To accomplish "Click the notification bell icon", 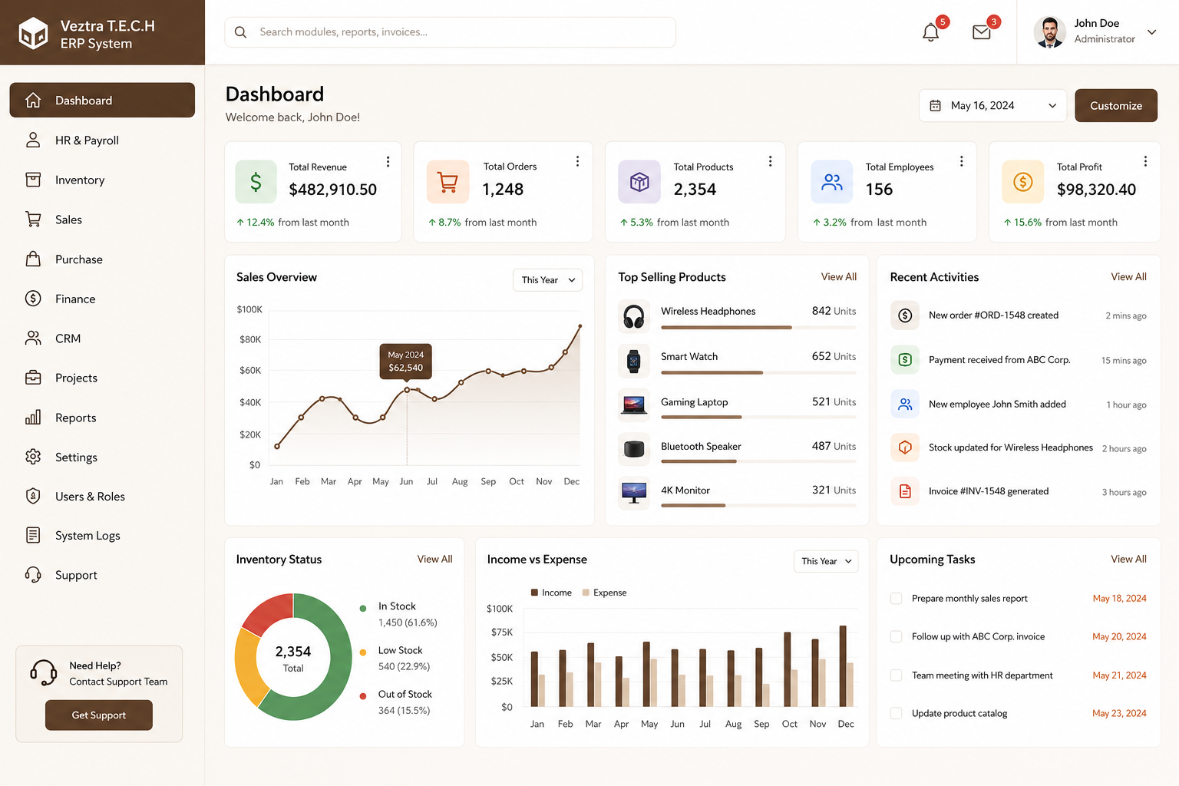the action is pos(930,33).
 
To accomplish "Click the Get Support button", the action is pos(99,715).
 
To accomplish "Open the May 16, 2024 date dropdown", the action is pos(992,106).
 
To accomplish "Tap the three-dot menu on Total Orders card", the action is pos(577,161).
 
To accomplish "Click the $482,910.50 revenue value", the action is pos(332,190).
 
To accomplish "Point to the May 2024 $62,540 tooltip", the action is pos(406,362).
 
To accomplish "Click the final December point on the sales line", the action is pos(580,326).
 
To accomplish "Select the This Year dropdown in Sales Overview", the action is pos(547,280).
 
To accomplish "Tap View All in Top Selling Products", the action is pos(838,277).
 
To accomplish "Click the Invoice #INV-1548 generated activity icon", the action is pos(905,491).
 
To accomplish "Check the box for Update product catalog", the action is pos(896,713).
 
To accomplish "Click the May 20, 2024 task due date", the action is pos(1119,636).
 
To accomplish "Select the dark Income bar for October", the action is pos(787,669).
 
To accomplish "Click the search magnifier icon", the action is pos(240,32).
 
